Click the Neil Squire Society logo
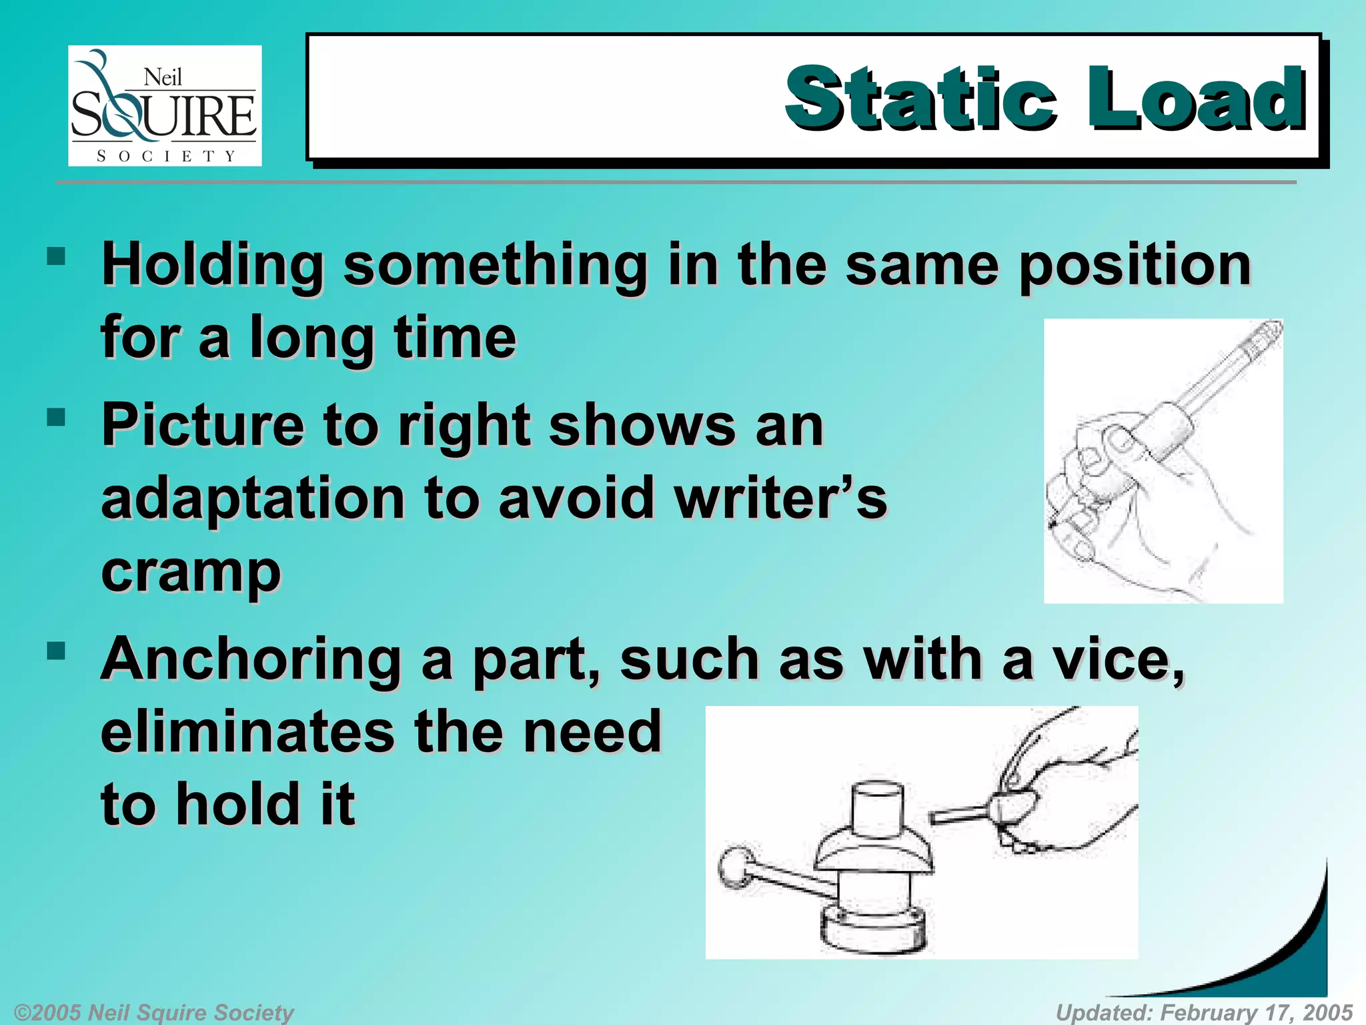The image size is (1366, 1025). point(165,105)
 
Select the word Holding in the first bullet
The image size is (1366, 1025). point(213,266)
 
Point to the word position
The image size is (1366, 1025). point(1135,266)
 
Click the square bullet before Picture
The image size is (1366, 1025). point(57,418)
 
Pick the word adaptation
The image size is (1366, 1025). point(253,499)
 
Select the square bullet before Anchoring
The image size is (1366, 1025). point(57,651)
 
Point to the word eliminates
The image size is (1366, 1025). point(247,731)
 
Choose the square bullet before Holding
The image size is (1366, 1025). point(57,256)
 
